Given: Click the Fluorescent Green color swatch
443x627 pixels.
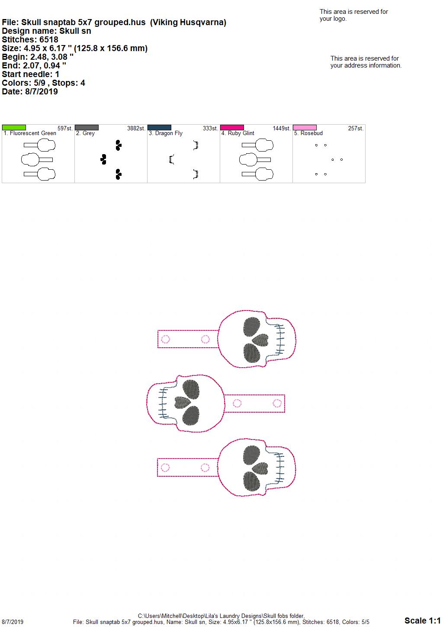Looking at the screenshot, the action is coord(14,127).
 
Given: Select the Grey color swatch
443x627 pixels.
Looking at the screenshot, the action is coord(87,127).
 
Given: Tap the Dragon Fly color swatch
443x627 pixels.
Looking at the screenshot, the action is coord(159,127).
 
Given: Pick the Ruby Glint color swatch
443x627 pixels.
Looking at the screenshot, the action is coord(232,127).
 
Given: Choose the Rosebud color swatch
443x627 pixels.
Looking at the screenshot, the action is coord(305,127).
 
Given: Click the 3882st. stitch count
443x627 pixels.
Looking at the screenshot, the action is coord(136,128).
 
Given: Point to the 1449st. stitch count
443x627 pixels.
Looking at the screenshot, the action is coord(282,128).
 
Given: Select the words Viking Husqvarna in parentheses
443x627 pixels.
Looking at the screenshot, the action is coord(188,23).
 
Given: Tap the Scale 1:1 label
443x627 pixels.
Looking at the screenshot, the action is coord(423,620).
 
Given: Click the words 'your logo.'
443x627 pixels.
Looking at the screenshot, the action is coord(333,19).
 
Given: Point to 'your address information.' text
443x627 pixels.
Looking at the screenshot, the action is coord(366,65).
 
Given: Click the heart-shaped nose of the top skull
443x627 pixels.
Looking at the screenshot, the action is coord(260,340).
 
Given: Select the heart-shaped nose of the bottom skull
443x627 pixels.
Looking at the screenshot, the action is coord(260,469).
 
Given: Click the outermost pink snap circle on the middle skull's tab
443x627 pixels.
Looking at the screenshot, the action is coord(277,404).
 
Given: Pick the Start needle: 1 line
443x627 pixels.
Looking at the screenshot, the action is coord(30,74).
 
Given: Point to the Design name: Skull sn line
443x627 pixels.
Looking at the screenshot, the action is coord(46,31).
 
